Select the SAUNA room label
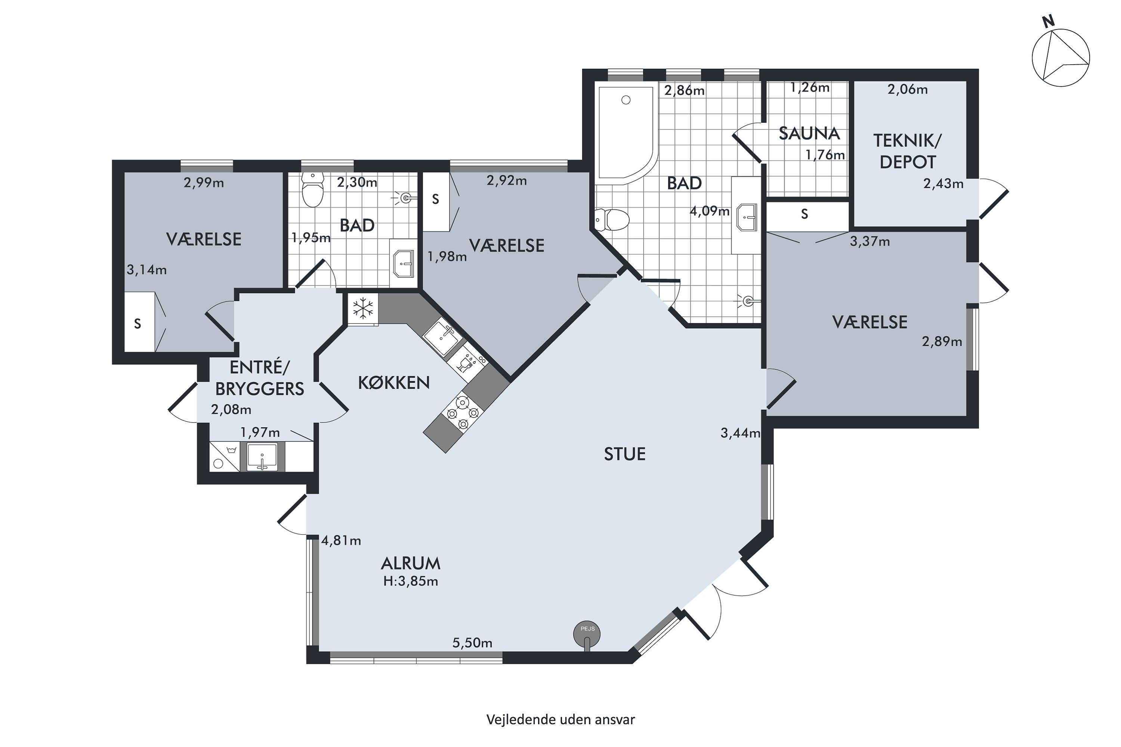[809, 133]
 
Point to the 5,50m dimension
[472, 643]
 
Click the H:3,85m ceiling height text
[410, 581]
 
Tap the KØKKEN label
[394, 382]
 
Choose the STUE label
[624, 454]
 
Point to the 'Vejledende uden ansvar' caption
[560, 719]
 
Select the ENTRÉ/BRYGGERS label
[260, 378]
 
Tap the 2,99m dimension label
[204, 183]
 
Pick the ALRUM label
[410, 564]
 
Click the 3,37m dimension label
[870, 242]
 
